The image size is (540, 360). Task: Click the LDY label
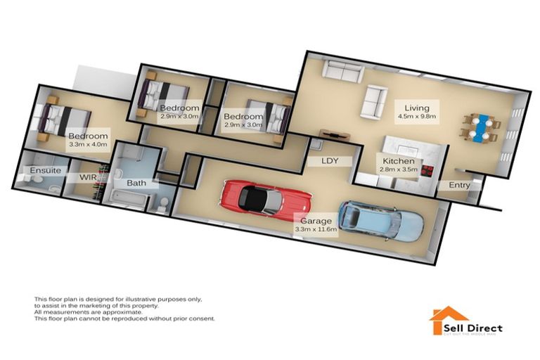tap(330, 161)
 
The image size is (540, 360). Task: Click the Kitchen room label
tap(398, 160)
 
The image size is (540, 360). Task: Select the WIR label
tap(88, 176)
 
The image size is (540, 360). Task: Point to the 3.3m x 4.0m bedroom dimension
tap(88, 145)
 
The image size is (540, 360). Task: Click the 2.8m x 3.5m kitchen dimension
tap(399, 169)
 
